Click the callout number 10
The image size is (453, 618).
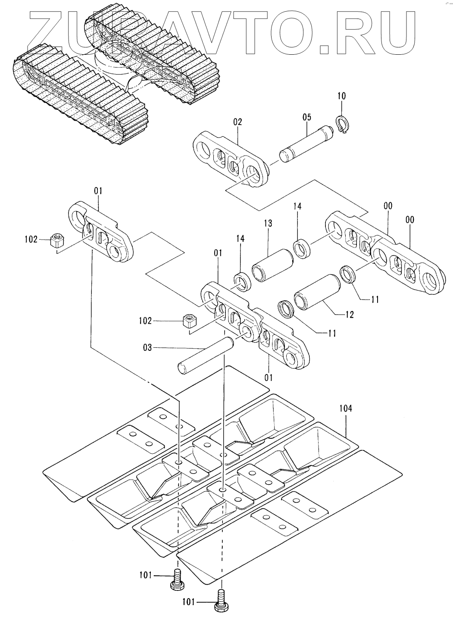tap(341, 96)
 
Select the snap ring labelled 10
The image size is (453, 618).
tap(343, 125)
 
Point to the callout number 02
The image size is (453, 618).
tap(237, 122)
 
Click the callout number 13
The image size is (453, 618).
tap(268, 223)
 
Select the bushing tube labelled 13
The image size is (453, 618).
tap(272, 265)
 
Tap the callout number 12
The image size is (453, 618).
tap(349, 314)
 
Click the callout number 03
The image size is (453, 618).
tap(147, 347)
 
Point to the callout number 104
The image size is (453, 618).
tap(346, 408)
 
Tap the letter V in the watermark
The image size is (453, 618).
tap(231, 32)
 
